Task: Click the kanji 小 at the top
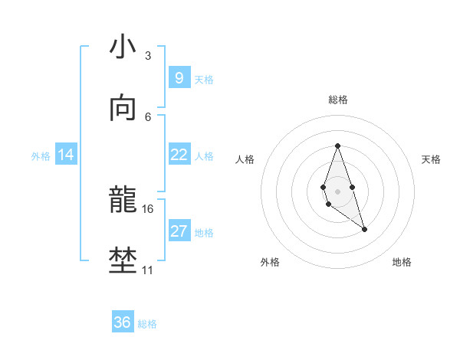(123, 47)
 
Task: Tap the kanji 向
(123, 110)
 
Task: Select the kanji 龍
(123, 201)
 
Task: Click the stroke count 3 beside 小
(147, 56)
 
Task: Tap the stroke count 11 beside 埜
(147, 270)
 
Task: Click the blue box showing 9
(179, 78)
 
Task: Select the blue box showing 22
(179, 155)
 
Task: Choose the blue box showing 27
(179, 231)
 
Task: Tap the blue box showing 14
(66, 155)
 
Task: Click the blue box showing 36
(122, 322)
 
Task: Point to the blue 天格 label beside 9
(204, 80)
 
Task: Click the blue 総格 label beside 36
(147, 324)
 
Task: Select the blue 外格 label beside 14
(41, 156)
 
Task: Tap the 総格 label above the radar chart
(337, 100)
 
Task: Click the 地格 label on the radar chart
(402, 262)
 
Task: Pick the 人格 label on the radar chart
(245, 159)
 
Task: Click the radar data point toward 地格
(364, 229)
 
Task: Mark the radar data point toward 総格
(337, 146)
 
